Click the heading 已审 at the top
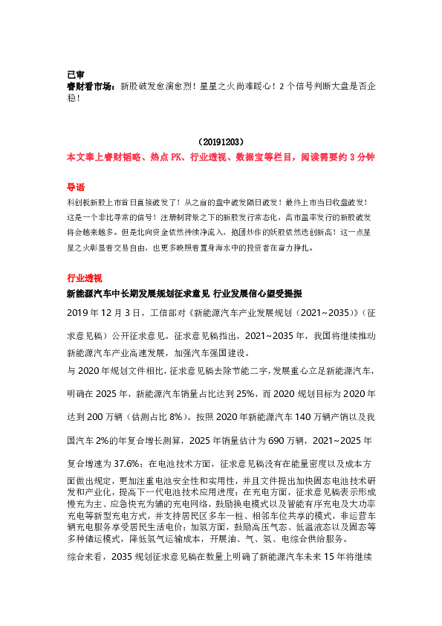pyautogui.click(x=76, y=74)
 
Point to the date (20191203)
pyautogui.click(x=221, y=141)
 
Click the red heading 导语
pyautogui.click(x=76, y=187)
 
